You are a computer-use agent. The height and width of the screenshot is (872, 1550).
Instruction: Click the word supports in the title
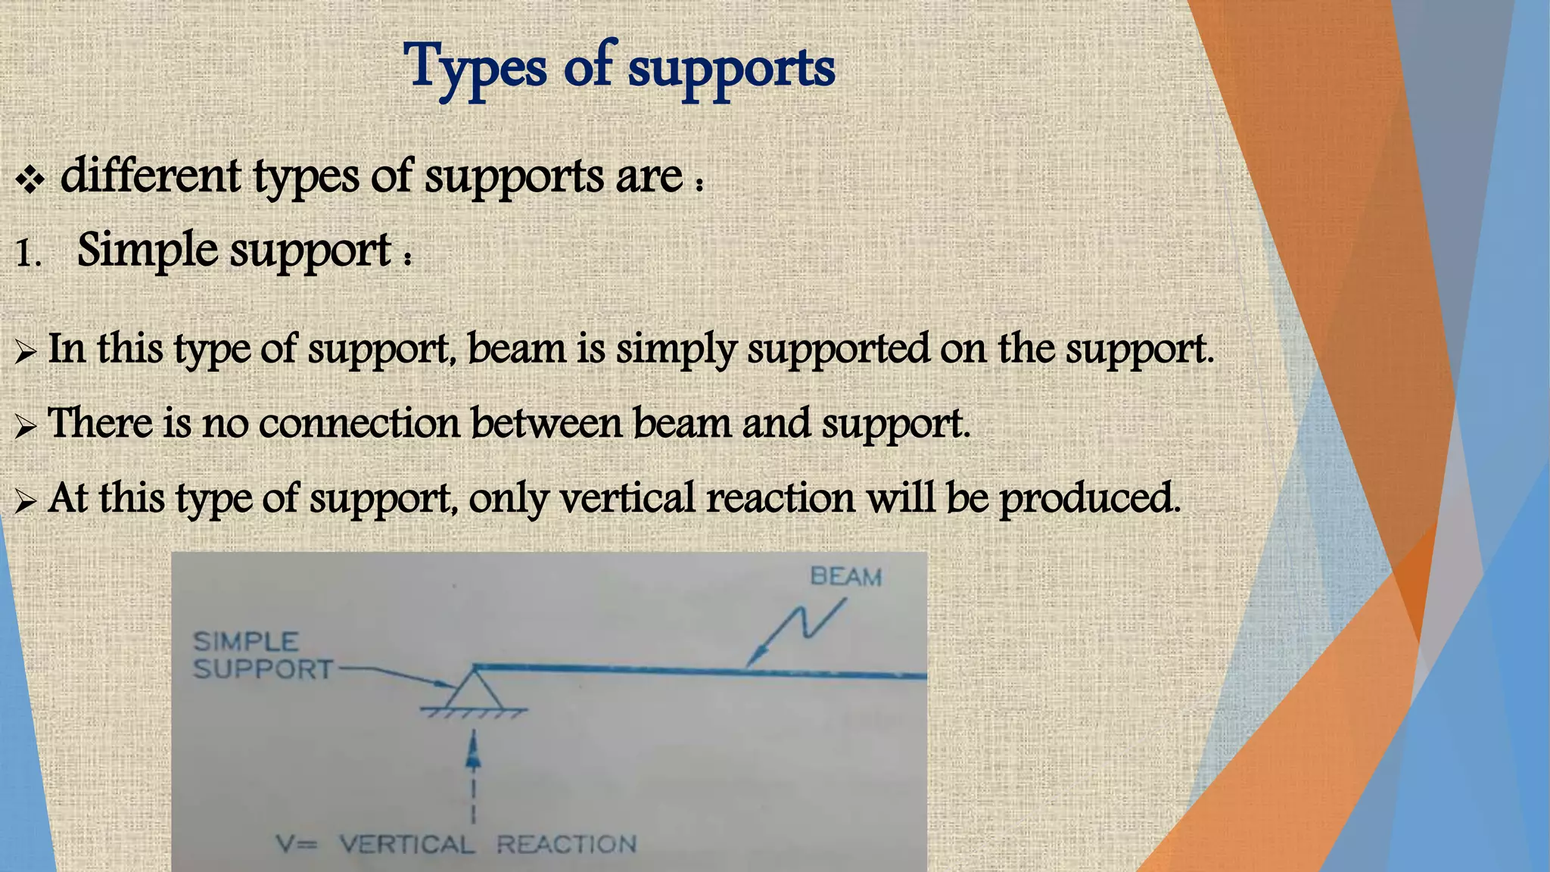[x=731, y=69]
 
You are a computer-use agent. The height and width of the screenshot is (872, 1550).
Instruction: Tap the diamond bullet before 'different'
[x=30, y=179]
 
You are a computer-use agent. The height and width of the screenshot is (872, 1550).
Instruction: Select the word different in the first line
[x=151, y=176]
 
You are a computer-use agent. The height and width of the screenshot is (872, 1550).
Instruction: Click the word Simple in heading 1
[x=147, y=250]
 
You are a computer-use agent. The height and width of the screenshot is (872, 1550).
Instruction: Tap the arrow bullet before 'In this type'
[x=25, y=352]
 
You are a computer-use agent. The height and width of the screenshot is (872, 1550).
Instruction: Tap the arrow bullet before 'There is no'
[x=25, y=427]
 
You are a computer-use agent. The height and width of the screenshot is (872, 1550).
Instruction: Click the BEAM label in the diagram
[x=845, y=577]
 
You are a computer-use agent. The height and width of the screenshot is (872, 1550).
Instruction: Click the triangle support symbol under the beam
[x=475, y=690]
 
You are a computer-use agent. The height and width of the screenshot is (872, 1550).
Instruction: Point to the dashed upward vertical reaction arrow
[x=473, y=772]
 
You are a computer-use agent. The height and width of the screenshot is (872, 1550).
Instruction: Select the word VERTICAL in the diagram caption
[x=407, y=844]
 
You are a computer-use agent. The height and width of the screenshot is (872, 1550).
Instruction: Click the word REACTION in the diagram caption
[x=566, y=844]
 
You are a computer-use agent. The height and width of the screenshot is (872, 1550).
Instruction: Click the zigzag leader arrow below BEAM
[x=798, y=628]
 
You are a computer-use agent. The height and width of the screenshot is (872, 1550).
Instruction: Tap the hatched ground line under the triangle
[x=474, y=712]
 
